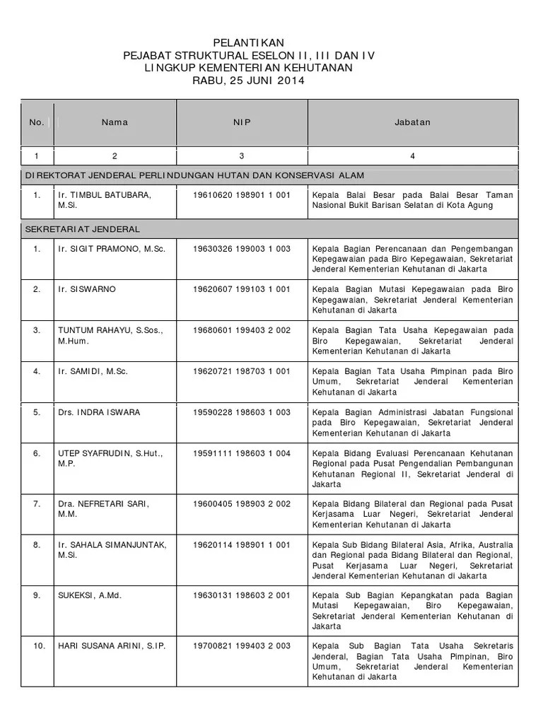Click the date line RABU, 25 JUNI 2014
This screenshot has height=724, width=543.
(248, 81)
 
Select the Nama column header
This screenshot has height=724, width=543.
(115, 122)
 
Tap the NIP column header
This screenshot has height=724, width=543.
(242, 122)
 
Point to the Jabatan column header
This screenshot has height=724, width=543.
(412, 122)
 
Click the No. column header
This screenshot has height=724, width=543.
(37, 122)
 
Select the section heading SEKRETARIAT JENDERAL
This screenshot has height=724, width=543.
(83, 229)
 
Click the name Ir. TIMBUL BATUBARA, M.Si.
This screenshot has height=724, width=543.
(104, 200)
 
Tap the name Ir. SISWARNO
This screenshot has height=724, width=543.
(87, 289)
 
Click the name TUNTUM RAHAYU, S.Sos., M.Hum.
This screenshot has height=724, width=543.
(110, 335)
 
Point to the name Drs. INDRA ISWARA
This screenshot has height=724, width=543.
(99, 412)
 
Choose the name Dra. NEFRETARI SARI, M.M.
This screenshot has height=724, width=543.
(104, 508)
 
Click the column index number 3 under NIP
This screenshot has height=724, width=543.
(242, 156)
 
